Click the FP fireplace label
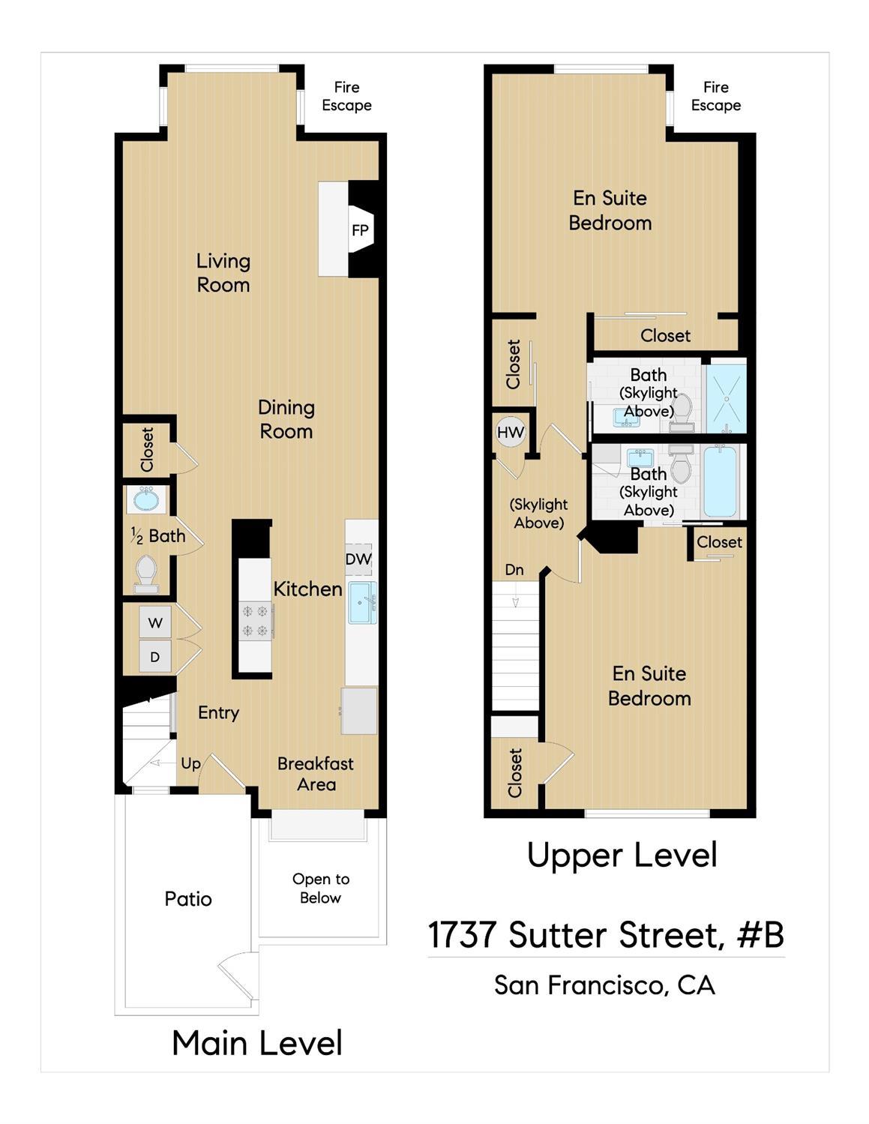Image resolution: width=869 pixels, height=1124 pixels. (360, 230)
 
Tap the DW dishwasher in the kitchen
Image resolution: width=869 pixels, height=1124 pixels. (358, 559)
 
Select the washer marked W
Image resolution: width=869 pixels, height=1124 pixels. (155, 622)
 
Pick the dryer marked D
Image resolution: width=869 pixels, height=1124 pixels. (155, 657)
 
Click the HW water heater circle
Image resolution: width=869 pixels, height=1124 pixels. (511, 433)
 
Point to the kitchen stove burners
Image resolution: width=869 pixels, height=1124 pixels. (255, 621)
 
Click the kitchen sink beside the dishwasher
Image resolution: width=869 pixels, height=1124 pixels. (362, 602)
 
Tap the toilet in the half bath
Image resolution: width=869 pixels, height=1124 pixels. (145, 571)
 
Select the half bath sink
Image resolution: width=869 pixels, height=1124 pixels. (146, 499)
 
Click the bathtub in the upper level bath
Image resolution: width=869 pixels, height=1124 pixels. (721, 481)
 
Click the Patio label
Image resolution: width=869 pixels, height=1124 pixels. (188, 898)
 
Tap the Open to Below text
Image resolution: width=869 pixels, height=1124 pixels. (321, 889)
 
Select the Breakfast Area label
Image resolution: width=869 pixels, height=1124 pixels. (316, 774)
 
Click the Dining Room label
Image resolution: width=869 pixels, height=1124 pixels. (286, 419)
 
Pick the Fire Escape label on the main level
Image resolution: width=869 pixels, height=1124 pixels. (346, 97)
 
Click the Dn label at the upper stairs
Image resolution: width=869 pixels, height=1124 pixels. (514, 570)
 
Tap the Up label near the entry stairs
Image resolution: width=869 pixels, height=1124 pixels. (190, 763)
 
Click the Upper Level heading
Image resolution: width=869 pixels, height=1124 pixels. (622, 855)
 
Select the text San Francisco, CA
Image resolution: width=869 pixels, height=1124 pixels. (604, 985)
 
